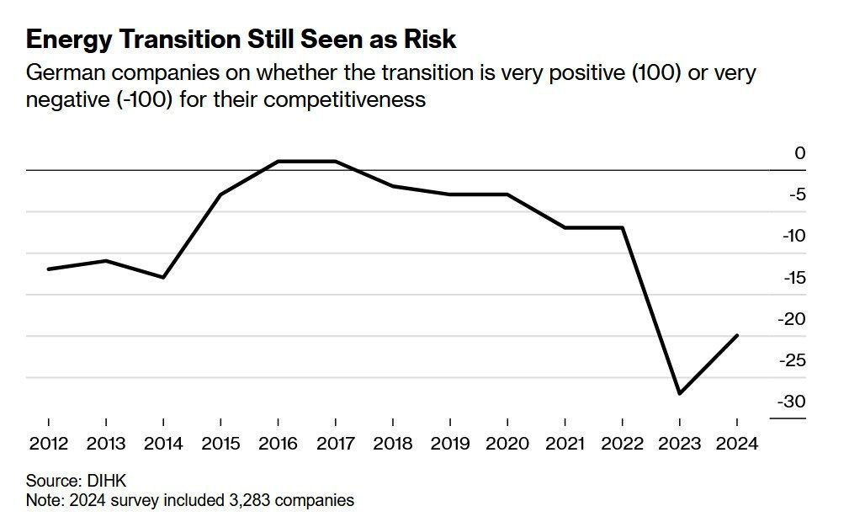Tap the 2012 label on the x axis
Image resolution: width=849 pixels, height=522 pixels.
click(49, 444)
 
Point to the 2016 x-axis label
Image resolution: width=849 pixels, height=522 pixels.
click(278, 444)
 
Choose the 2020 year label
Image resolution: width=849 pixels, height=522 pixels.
click(507, 444)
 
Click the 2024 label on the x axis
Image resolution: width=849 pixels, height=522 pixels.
click(737, 444)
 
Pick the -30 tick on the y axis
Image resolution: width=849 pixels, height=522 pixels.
click(792, 402)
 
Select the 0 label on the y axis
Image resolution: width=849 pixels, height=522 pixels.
click(799, 153)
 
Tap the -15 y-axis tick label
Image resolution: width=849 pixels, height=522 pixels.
click(794, 278)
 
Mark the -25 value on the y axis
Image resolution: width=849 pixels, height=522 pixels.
click(792, 360)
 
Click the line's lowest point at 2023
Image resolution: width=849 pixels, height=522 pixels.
click(680, 393)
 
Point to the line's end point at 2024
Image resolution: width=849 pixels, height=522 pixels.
click(737, 336)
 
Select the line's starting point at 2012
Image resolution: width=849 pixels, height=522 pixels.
click(49, 269)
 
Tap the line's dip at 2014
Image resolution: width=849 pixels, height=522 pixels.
click(163, 278)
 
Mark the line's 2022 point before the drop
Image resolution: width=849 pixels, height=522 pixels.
click(622, 227)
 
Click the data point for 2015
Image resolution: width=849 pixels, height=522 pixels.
click(220, 194)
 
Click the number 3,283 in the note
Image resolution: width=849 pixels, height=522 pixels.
click(250, 500)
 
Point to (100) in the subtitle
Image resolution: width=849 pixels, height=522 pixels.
click(657, 72)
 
